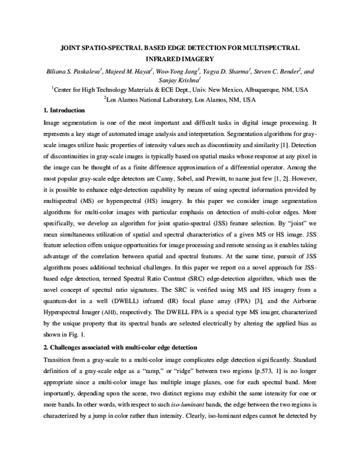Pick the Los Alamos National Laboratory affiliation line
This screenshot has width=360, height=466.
[180, 99]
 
